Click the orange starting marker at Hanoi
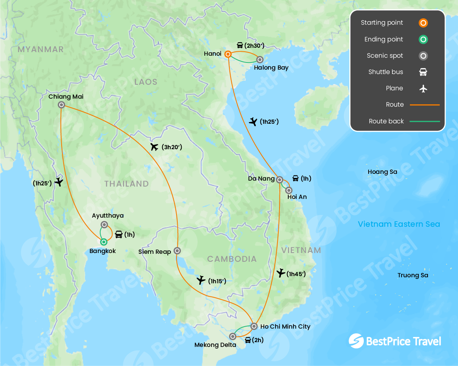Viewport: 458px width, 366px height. pyautogui.click(x=228, y=54)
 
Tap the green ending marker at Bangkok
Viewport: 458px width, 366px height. pyautogui.click(x=104, y=242)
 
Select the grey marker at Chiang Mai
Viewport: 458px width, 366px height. pyautogui.click(x=61, y=105)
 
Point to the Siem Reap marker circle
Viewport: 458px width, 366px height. pyautogui.click(x=177, y=251)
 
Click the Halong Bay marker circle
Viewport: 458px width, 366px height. pyautogui.click(x=260, y=60)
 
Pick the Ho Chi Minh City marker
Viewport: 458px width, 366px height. pyautogui.click(x=254, y=326)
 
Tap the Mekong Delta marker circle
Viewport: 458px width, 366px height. pyautogui.click(x=233, y=337)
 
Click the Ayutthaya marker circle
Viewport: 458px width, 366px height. pyautogui.click(x=104, y=224)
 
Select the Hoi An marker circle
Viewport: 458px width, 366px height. pyautogui.click(x=289, y=190)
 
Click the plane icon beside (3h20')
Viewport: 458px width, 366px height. pyautogui.click(x=155, y=147)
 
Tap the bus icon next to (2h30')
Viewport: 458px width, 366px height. pyautogui.click(x=240, y=45)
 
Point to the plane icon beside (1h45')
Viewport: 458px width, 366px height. pyautogui.click(x=281, y=273)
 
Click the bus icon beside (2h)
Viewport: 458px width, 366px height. pyautogui.click(x=248, y=340)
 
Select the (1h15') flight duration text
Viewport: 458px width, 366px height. pyautogui.click(x=217, y=281)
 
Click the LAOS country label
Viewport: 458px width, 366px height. pyautogui.click(x=146, y=82)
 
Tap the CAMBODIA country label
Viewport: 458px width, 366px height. pyautogui.click(x=232, y=259)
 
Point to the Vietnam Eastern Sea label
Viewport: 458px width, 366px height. pyautogui.click(x=399, y=224)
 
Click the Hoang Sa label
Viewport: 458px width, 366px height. pyautogui.click(x=382, y=172)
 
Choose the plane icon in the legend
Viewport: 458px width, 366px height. pyautogui.click(x=423, y=88)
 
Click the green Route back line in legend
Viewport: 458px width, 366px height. pyautogui.click(x=425, y=121)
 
